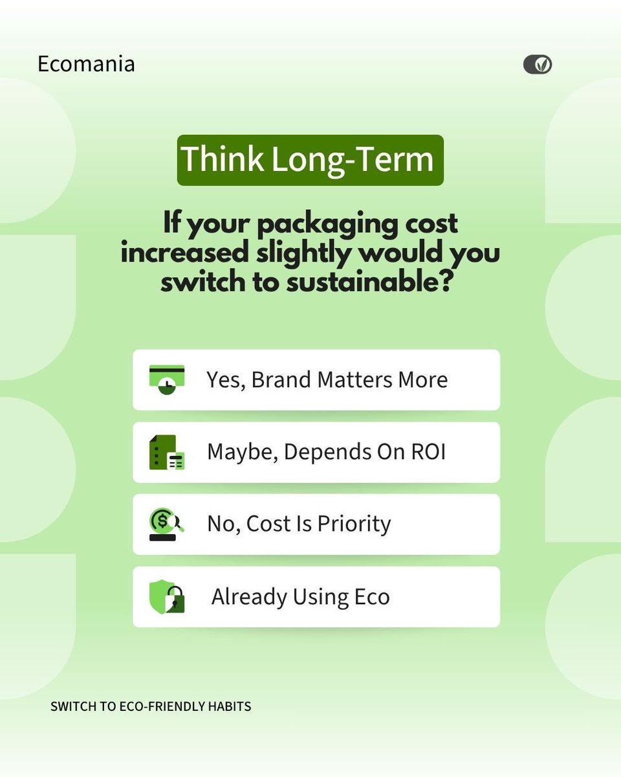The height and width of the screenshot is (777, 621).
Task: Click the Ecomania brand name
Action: click(86, 64)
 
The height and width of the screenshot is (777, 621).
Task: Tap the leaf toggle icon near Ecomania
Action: click(537, 64)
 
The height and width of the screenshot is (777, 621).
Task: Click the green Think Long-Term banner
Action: click(310, 160)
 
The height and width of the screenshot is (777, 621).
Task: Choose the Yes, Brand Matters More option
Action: click(316, 379)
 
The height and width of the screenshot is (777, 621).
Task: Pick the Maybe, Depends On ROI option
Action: click(316, 452)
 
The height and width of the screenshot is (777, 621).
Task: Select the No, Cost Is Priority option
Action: click(316, 524)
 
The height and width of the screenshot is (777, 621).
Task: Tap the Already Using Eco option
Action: click(316, 596)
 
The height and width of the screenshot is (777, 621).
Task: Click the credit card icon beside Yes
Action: click(167, 380)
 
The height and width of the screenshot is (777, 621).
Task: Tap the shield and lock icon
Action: click(167, 596)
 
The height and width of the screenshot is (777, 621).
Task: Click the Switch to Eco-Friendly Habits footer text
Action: click(151, 706)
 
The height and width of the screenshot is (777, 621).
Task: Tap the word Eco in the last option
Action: click(371, 596)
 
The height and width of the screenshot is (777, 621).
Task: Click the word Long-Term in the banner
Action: click(353, 160)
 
